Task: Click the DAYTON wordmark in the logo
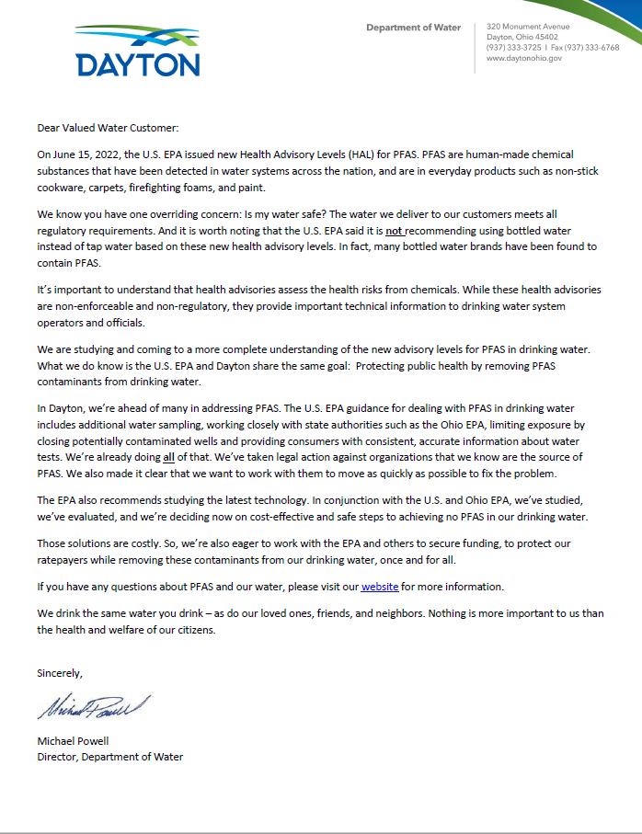[x=138, y=64]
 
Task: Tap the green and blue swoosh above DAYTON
[x=139, y=38]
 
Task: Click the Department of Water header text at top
[x=413, y=28]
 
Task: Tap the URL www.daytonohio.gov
[x=523, y=58]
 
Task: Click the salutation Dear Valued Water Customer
[x=108, y=128]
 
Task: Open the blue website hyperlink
[x=379, y=586]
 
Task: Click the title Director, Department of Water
[x=109, y=757]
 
